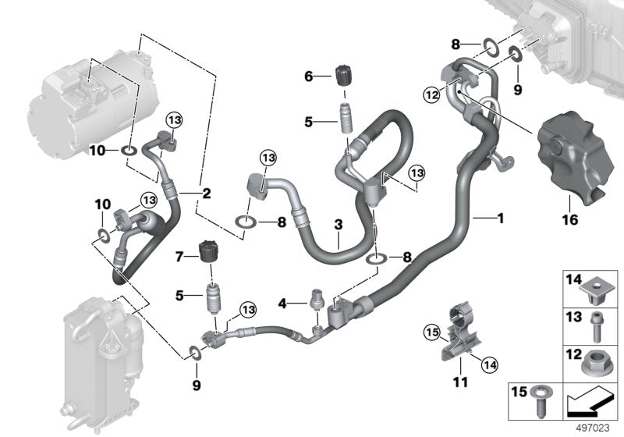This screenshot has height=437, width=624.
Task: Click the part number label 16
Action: [x=570, y=220]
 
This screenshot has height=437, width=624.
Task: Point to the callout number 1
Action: [x=500, y=218]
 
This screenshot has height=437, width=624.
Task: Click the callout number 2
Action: [x=207, y=192]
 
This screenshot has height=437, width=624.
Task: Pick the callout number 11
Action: [x=460, y=382]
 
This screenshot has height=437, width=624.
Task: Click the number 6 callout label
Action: [x=308, y=76]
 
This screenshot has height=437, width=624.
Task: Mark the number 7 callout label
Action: [x=179, y=256]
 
